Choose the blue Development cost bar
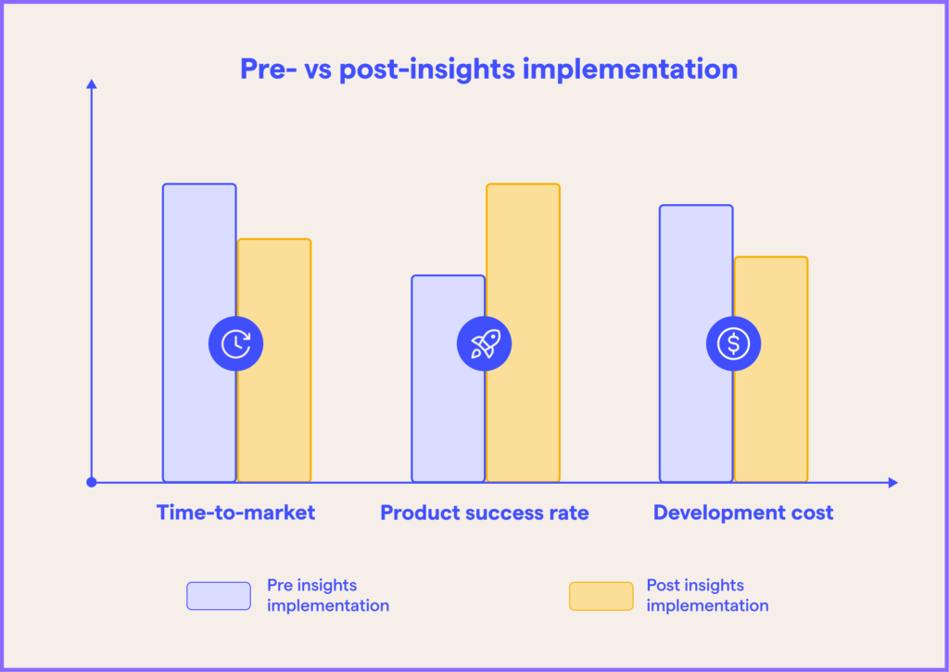click(x=696, y=266)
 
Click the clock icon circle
click(x=236, y=344)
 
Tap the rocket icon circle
click(x=484, y=344)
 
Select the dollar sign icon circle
click(x=734, y=344)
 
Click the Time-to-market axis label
click(x=236, y=513)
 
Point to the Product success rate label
click(x=484, y=513)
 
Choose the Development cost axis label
click(x=743, y=513)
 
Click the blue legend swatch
click(x=219, y=596)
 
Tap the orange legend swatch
click(x=601, y=596)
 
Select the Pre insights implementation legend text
click(x=328, y=595)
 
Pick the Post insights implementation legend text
click(x=707, y=595)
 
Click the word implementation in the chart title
click(x=630, y=70)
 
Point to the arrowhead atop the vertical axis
click(x=92, y=83)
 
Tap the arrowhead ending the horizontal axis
click(x=892, y=483)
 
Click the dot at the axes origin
click(x=92, y=483)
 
